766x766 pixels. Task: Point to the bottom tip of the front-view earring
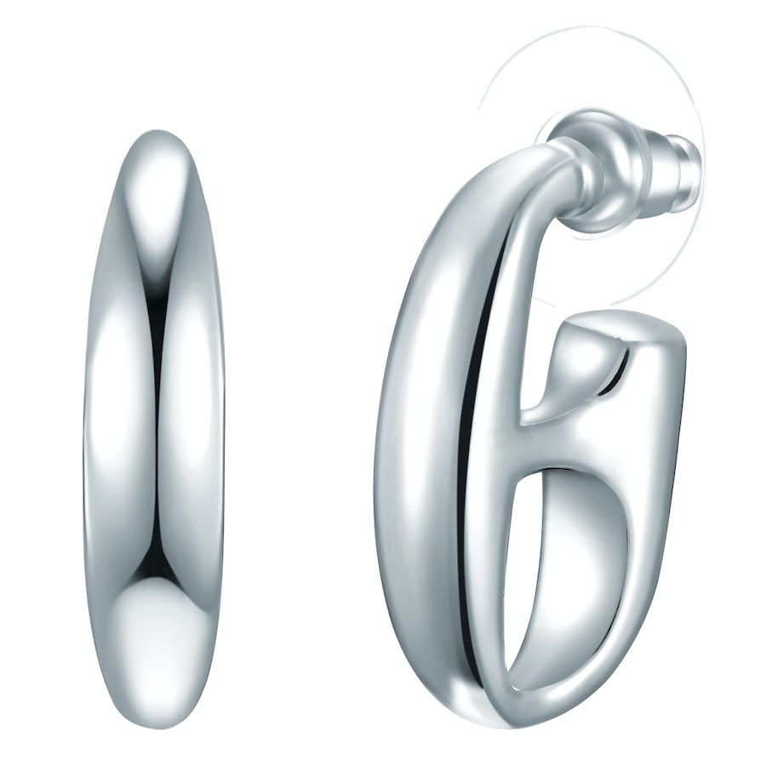pyautogui.click(x=155, y=723)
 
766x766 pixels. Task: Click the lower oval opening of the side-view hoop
pyautogui.click(x=566, y=562)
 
